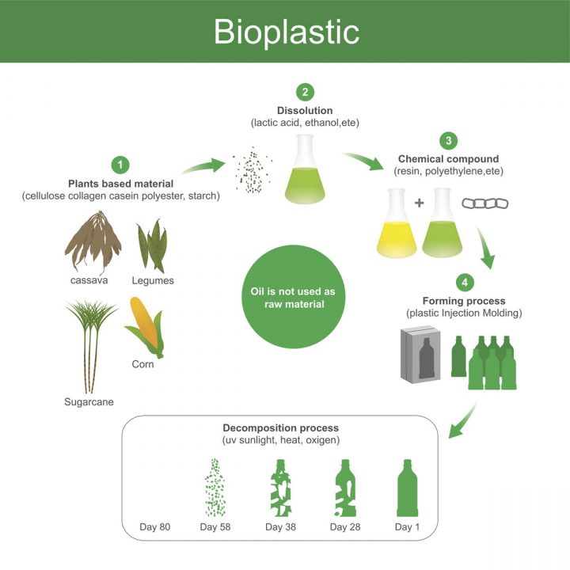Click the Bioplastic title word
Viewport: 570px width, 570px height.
(x=286, y=31)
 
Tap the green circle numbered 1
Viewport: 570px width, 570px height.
(x=120, y=165)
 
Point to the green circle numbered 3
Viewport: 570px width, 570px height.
(x=448, y=141)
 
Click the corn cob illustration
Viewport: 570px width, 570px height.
(x=144, y=325)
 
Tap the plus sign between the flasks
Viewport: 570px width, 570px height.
(x=419, y=203)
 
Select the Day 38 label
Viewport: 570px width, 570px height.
(x=280, y=527)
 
